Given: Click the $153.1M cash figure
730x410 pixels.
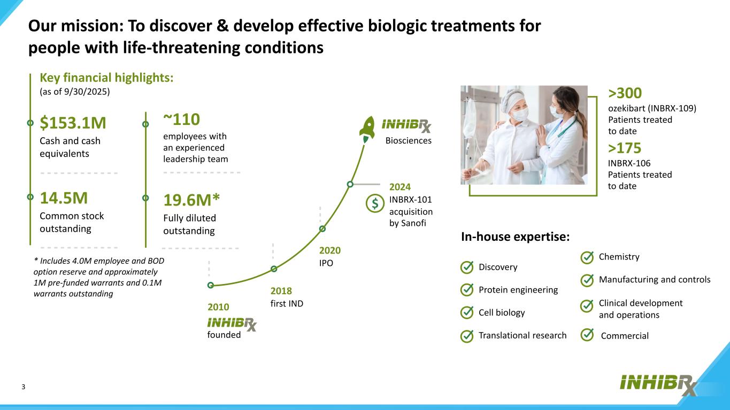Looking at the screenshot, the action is click(x=73, y=123).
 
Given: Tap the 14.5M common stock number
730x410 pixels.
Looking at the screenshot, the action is click(x=64, y=198).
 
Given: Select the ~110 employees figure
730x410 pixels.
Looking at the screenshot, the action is click(x=181, y=120).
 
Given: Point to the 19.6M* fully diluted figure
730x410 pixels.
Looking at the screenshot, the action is click(x=191, y=200).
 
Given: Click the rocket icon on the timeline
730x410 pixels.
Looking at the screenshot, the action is click(x=367, y=129).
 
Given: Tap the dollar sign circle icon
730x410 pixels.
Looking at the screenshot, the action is click(x=375, y=203).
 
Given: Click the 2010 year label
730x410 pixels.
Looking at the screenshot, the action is click(x=218, y=307).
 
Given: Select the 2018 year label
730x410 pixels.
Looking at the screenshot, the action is click(x=281, y=291).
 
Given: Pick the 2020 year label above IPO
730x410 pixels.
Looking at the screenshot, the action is click(x=330, y=250).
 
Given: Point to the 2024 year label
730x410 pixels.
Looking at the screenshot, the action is click(x=400, y=187).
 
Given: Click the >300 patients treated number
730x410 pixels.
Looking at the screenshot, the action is click(x=625, y=93).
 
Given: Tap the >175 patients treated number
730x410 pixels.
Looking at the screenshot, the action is click(x=625, y=148).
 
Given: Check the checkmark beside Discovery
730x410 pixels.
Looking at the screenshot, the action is click(x=467, y=267).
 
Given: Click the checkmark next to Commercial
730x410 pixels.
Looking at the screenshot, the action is click(x=587, y=335).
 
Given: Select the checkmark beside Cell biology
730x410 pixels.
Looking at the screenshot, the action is click(x=467, y=312).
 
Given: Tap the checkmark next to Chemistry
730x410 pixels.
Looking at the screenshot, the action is click(x=587, y=257).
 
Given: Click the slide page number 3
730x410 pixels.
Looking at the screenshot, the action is click(x=23, y=387).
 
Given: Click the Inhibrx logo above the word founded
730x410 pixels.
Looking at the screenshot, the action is click(x=232, y=324).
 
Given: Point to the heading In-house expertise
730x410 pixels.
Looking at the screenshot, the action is click(x=515, y=236).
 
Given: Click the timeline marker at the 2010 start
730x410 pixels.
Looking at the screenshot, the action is click(x=211, y=286).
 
